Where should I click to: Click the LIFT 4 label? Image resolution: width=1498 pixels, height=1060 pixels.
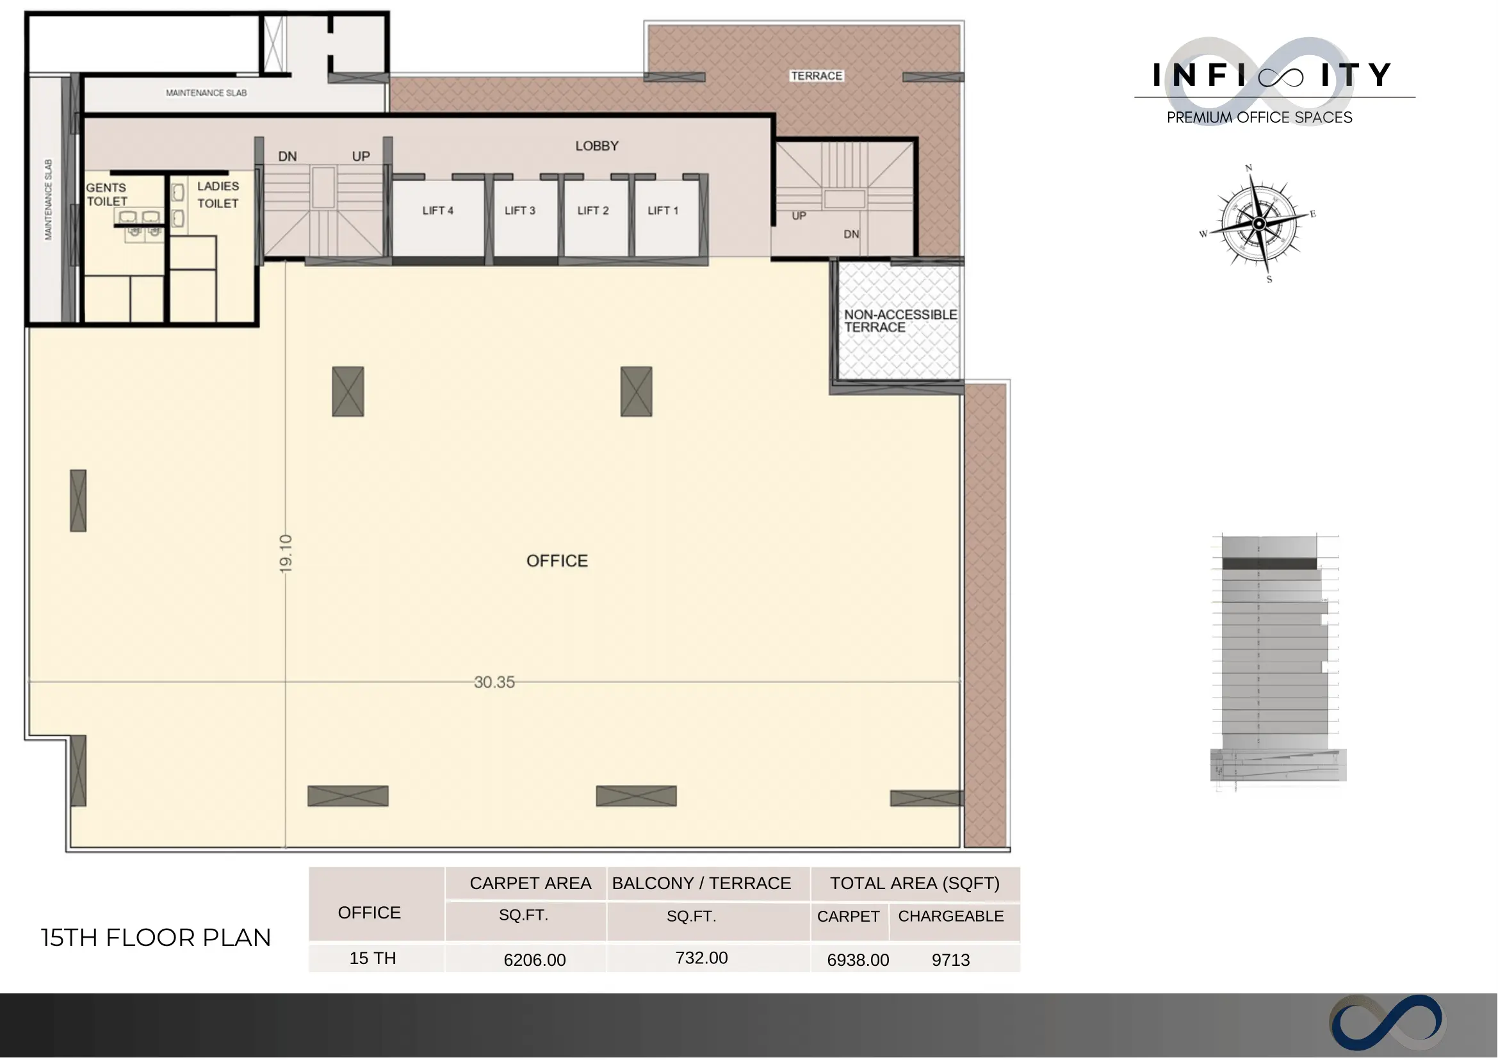click(x=437, y=211)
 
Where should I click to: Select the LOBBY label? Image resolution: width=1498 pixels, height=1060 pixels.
click(x=597, y=146)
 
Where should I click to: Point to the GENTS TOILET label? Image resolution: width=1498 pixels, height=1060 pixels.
click(x=106, y=195)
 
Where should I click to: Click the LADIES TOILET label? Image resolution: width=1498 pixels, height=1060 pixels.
click(x=218, y=195)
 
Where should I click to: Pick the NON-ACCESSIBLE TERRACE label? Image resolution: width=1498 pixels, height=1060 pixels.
click(x=900, y=321)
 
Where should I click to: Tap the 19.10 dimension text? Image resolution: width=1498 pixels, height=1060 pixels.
click(x=286, y=554)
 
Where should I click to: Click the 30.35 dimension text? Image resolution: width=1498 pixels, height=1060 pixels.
click(x=494, y=683)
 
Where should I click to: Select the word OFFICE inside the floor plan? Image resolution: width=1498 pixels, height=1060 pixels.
click(x=557, y=561)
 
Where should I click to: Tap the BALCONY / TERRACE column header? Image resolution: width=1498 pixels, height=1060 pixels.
click(x=701, y=884)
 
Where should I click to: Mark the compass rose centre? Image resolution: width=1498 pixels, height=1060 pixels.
click(x=1259, y=224)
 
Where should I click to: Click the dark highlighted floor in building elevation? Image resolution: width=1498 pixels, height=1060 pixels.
click(x=1269, y=564)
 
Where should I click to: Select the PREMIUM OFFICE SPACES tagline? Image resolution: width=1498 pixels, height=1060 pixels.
click(x=1259, y=117)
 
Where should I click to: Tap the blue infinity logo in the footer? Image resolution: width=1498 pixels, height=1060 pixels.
click(x=1387, y=1023)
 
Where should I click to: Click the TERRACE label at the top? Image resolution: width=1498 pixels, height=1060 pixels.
click(x=817, y=76)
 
